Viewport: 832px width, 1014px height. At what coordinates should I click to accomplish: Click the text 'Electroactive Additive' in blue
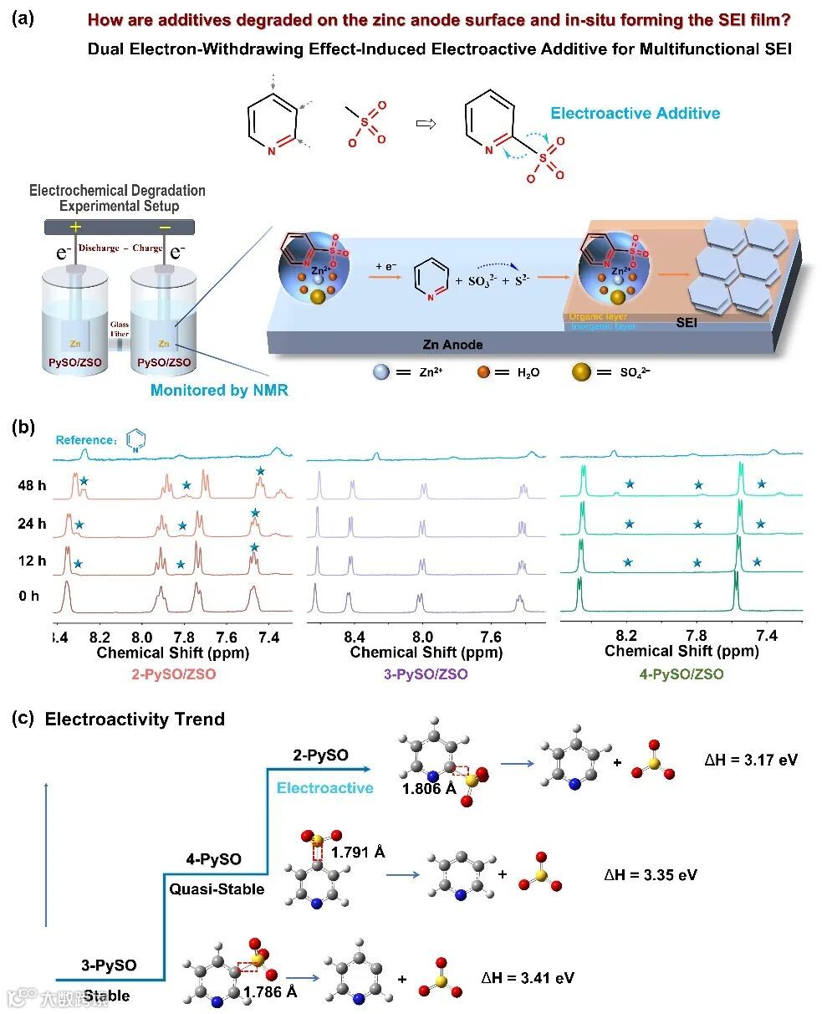(x=635, y=114)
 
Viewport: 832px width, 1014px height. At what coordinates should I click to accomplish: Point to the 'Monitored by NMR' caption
(x=219, y=391)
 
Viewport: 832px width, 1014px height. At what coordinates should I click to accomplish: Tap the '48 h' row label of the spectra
(x=31, y=484)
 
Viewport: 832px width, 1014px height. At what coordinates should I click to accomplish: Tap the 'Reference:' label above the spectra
(x=86, y=440)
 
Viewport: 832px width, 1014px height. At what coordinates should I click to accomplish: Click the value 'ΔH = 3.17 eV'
(x=751, y=760)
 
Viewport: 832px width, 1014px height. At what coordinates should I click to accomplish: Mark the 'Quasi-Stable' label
(x=217, y=889)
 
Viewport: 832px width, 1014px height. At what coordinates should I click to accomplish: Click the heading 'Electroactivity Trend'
(x=135, y=719)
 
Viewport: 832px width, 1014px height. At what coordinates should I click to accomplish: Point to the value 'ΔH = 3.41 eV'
(x=528, y=977)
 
